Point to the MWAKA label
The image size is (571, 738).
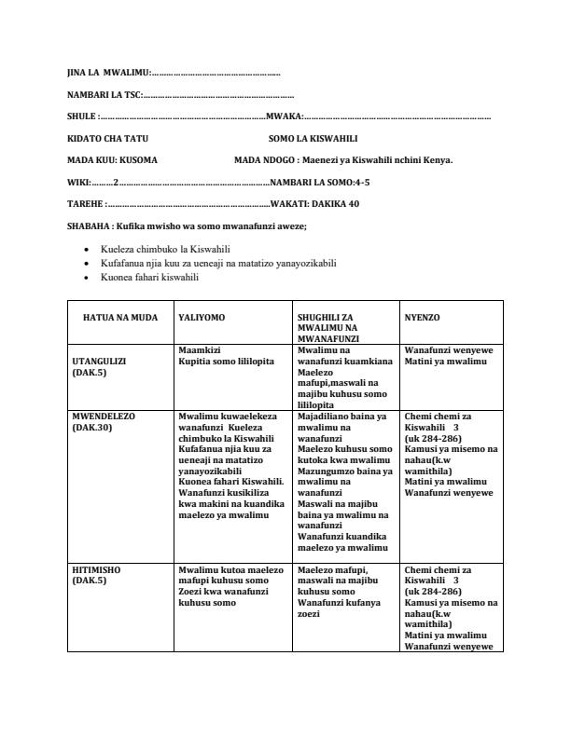coord(283,116)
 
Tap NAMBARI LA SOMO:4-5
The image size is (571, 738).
coord(320,182)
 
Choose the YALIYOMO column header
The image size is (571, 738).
coord(202,318)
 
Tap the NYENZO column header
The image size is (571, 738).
coord(423,318)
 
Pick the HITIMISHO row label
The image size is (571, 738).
coord(96,569)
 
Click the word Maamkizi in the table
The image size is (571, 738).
coord(198,349)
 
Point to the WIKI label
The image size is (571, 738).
coord(78,182)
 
